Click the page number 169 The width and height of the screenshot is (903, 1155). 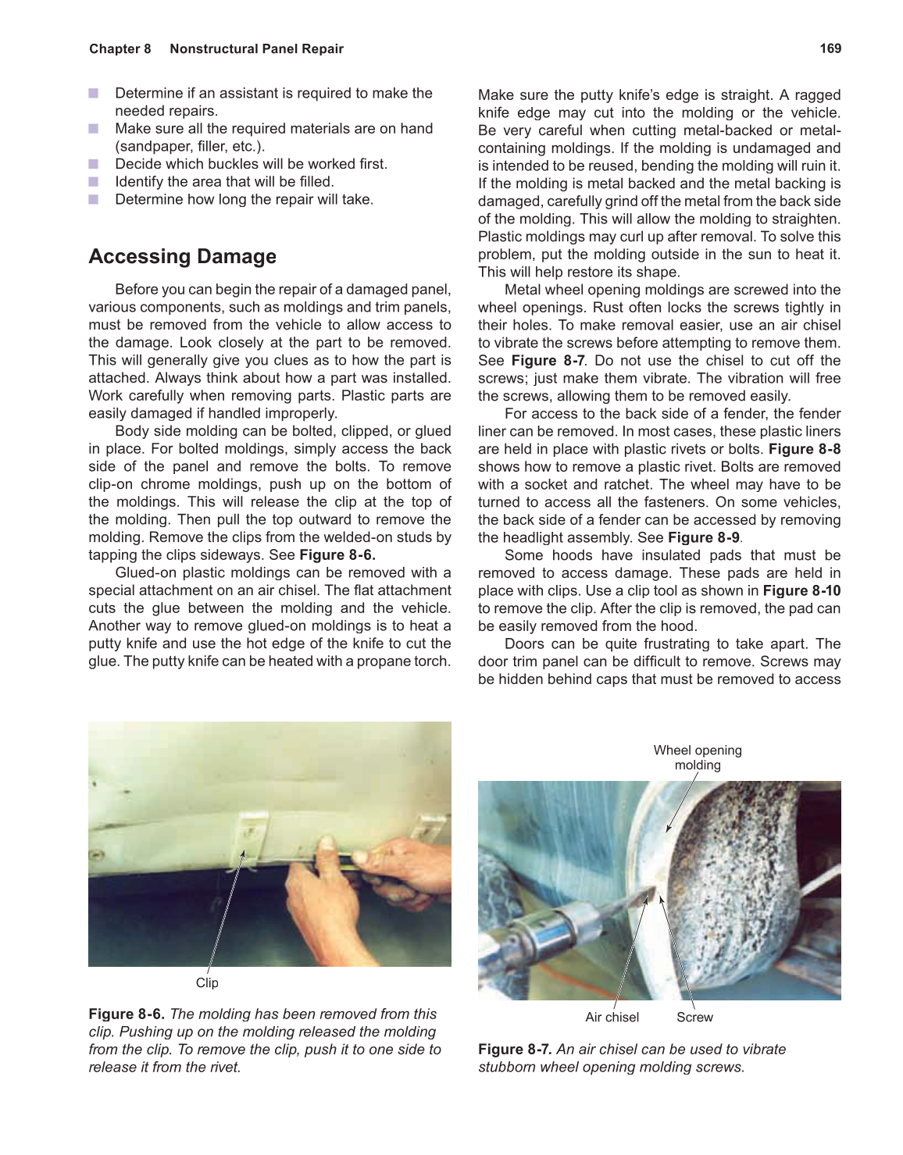[x=830, y=48]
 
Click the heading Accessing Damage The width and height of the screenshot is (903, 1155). [x=182, y=256]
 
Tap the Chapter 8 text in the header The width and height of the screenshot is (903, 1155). [x=120, y=48]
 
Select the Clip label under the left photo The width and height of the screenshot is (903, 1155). [x=207, y=982]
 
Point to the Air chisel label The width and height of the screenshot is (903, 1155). [x=612, y=1017]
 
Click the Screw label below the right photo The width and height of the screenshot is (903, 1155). [x=694, y=1017]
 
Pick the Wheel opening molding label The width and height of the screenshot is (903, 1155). [x=698, y=758]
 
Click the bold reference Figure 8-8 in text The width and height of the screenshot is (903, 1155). [x=804, y=449]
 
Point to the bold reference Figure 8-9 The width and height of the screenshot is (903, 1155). [x=703, y=537]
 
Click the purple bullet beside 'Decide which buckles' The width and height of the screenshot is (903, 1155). [x=94, y=164]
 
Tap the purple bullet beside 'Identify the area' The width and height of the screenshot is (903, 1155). [x=94, y=182]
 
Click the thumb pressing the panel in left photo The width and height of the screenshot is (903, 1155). [x=327, y=847]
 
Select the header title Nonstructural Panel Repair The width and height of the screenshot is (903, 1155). [x=256, y=48]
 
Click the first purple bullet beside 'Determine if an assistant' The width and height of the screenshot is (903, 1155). [x=94, y=93]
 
